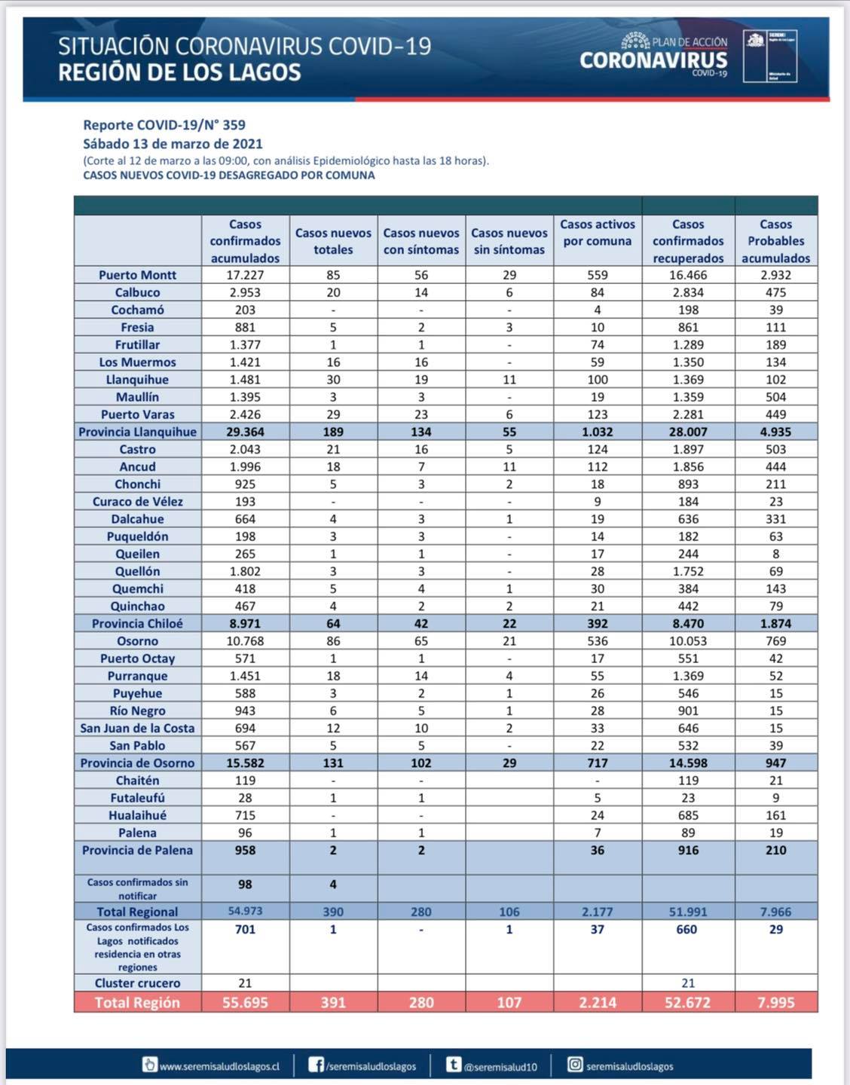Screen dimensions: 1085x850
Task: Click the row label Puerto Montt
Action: [137, 275]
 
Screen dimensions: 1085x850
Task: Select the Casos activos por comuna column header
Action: [598, 233]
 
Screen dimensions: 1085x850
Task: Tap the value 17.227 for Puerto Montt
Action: [245, 275]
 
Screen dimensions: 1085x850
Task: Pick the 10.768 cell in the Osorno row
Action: [245, 641]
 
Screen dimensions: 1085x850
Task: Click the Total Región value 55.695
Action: [245, 1003]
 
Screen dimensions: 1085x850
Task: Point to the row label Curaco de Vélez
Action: [137, 502]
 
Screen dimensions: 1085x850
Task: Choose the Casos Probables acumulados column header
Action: [775, 241]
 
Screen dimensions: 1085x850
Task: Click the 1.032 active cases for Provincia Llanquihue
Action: [598, 432]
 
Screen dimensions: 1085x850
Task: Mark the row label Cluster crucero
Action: [137, 983]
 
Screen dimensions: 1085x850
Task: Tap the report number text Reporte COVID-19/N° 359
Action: [164, 125]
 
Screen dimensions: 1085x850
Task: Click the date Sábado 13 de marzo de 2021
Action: [173, 144]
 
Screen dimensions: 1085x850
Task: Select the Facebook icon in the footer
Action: [316, 1065]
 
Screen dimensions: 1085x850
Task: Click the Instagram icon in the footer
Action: [575, 1065]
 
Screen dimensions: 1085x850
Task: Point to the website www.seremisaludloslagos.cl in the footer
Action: [219, 1066]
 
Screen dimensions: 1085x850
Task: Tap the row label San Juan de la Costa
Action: [137, 729]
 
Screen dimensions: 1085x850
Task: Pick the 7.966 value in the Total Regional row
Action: [775, 912]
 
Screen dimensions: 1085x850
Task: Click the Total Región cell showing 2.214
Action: [598, 1003]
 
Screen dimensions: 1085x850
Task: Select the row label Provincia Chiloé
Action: [137, 624]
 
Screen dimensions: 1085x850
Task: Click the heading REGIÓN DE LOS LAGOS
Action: [179, 72]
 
